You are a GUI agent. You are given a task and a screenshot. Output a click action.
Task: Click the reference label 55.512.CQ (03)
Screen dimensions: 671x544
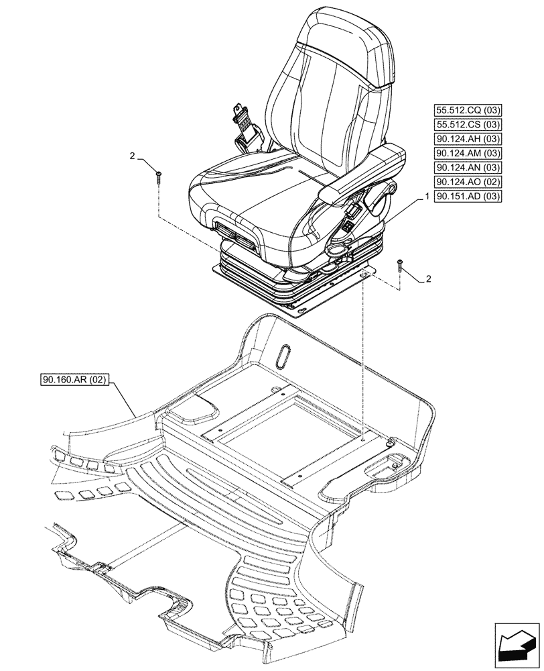468,111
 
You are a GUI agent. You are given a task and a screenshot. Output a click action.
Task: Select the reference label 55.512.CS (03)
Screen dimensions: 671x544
468,125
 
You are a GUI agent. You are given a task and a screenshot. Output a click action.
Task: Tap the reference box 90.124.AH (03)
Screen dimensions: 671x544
468,139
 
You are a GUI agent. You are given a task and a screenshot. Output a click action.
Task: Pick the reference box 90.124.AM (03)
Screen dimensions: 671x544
468,154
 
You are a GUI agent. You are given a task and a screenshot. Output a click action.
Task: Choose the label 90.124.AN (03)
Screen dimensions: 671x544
468,168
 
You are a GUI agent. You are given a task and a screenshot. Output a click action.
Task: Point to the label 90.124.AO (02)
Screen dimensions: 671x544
468,182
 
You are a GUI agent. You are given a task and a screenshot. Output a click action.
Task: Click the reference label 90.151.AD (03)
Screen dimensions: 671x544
468,197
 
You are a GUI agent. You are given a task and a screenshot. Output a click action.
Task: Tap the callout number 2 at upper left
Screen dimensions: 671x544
133,156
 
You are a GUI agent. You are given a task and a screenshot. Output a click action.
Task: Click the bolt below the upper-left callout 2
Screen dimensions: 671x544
159,176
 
